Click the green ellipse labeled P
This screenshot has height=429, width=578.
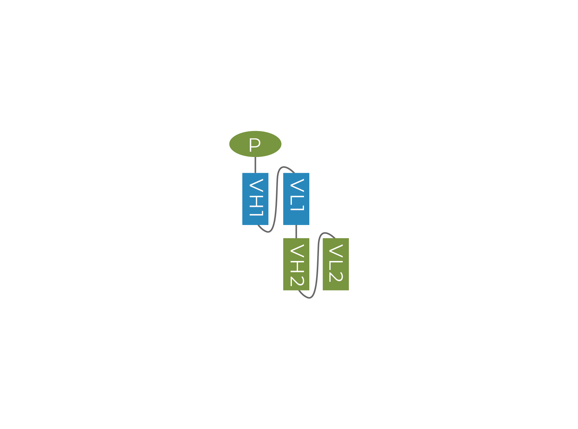255,144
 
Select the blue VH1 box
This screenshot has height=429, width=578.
255,199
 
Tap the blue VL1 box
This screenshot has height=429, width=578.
296,199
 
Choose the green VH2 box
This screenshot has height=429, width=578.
296,264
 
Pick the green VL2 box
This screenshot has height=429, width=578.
336,264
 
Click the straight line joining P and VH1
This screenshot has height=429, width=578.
255,165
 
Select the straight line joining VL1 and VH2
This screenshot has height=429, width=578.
296,231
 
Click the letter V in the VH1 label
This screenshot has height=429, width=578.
256,185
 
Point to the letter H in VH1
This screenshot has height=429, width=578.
256,202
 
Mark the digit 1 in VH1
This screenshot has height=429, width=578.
256,213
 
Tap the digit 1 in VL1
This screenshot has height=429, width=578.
297,208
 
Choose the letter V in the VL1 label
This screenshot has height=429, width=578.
297,185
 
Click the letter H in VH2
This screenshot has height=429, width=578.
297,266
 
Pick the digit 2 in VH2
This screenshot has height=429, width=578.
297,281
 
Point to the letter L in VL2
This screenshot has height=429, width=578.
336,266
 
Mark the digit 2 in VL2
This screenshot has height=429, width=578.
336,276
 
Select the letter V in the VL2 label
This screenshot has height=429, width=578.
336,251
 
